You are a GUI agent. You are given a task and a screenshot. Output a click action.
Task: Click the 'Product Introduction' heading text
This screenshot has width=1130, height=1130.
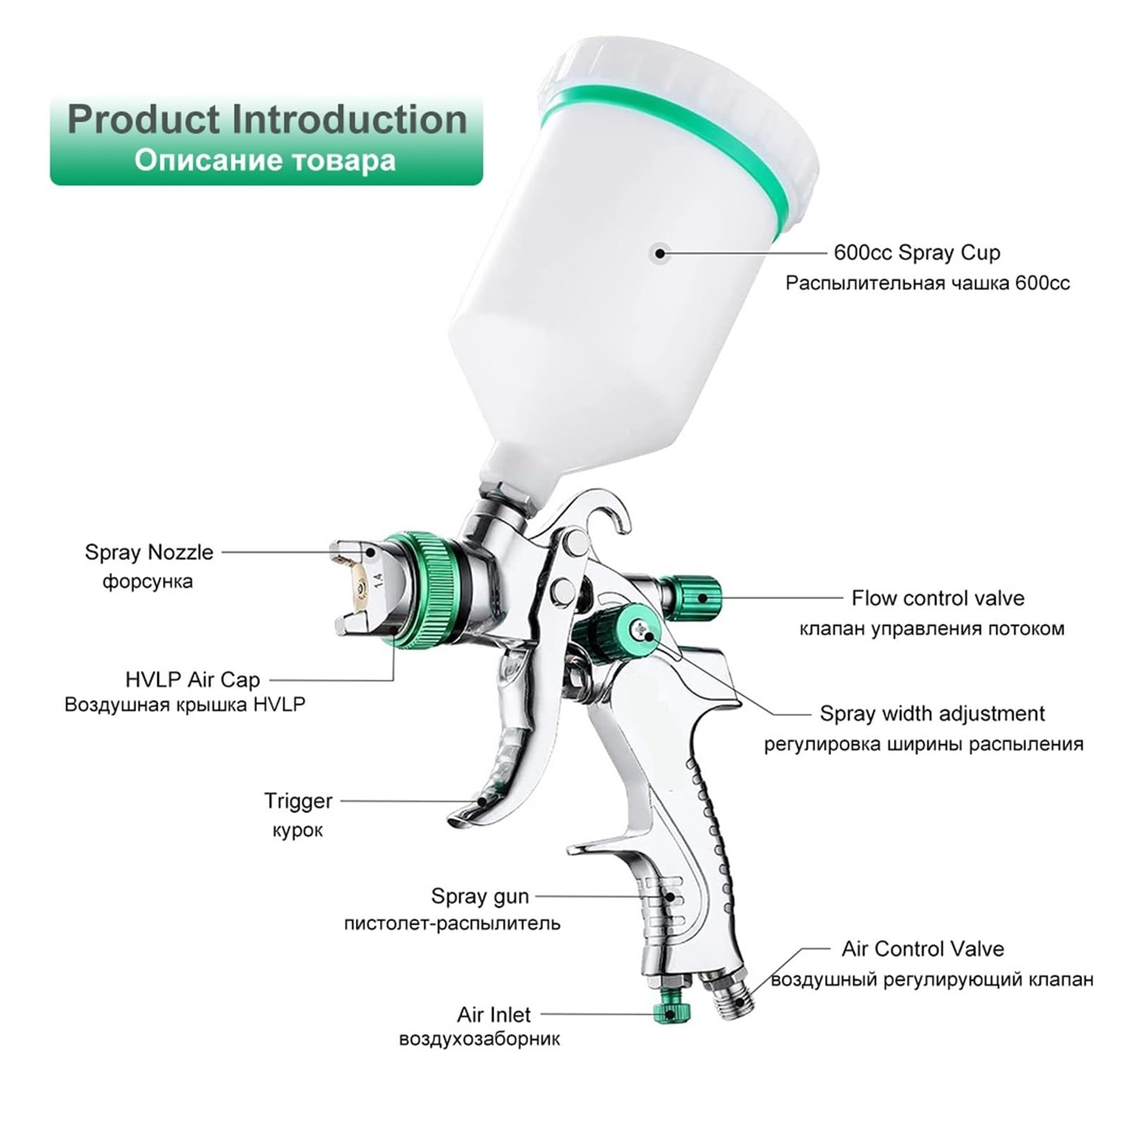267,119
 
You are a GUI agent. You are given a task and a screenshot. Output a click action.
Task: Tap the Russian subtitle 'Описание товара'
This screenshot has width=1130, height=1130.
265,160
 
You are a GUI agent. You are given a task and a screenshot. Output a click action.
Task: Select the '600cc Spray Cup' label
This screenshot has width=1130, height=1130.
917,252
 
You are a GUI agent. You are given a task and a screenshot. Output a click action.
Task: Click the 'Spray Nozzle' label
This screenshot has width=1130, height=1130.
149,552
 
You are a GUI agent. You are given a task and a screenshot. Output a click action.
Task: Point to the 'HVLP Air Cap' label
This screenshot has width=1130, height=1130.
193,679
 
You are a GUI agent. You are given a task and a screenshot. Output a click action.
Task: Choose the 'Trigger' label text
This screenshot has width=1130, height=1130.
298,801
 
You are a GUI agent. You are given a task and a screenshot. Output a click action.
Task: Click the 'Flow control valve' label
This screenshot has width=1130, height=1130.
938,598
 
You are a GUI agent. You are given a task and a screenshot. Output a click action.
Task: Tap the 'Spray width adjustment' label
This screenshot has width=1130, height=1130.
932,713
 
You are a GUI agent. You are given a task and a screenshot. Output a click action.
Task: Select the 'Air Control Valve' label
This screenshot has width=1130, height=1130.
922,948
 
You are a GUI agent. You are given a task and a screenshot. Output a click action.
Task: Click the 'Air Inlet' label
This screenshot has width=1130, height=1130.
494,1015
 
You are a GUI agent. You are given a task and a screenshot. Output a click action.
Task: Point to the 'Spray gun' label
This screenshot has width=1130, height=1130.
480,896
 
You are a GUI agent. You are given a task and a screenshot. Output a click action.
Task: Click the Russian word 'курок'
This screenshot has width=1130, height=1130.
297,831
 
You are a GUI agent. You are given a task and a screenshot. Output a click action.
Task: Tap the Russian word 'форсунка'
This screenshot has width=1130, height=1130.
148,582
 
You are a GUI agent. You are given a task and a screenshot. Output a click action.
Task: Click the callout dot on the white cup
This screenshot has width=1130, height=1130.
660,252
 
